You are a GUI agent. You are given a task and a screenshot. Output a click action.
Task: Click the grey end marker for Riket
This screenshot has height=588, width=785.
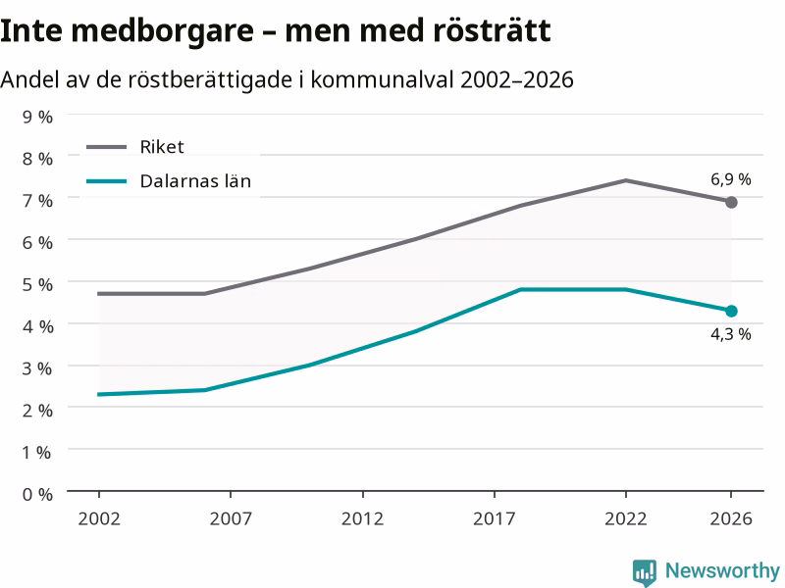[731, 203]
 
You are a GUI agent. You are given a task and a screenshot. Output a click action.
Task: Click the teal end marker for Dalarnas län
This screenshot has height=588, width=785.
[731, 311]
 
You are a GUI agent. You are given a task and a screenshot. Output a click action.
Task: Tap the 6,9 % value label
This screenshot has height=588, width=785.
[731, 179]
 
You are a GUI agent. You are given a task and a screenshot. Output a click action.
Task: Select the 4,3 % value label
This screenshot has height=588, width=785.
[731, 334]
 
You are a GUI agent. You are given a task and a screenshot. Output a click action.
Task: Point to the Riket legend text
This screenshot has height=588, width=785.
[162, 147]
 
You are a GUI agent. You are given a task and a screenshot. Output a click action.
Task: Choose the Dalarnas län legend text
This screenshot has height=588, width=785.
[195, 181]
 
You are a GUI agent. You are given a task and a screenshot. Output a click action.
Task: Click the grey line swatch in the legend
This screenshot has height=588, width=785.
[106, 147]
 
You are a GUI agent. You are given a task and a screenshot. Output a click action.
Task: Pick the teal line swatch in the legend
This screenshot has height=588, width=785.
[106, 181]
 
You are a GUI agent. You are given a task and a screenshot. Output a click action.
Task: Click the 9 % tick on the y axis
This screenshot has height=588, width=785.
[37, 117]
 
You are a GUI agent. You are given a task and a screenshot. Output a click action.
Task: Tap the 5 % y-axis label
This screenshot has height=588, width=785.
[37, 284]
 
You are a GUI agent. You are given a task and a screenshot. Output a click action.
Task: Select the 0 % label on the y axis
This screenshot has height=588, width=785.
[37, 495]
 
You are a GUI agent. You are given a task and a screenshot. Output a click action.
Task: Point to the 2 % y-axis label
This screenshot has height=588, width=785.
[37, 411]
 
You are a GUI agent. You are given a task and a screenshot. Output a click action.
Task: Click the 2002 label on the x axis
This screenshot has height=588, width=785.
[99, 519]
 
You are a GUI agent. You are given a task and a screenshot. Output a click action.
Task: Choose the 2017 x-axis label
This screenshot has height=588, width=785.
[495, 519]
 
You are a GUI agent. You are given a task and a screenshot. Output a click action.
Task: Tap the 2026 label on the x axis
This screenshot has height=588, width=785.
[731, 519]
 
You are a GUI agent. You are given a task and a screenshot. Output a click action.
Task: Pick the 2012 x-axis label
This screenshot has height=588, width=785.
[362, 519]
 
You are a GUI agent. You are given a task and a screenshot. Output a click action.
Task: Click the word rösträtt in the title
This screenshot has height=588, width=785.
[492, 30]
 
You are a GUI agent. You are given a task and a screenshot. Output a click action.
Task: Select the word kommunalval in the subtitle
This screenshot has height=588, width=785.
[382, 79]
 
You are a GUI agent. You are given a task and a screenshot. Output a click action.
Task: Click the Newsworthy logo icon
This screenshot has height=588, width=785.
[645, 572]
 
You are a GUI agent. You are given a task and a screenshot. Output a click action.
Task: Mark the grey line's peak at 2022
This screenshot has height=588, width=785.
[626, 180]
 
